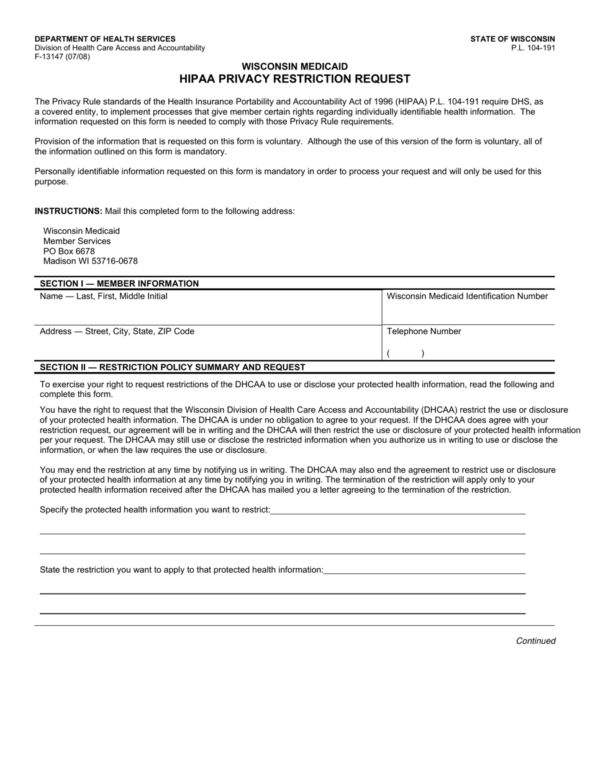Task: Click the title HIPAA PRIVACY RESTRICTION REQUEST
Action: (x=294, y=79)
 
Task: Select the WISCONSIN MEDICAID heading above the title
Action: (x=294, y=66)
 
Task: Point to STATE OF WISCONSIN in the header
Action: (x=512, y=38)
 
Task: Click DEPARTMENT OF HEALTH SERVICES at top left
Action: (x=105, y=38)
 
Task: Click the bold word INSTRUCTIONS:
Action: (x=68, y=211)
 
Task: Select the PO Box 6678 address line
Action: (x=69, y=251)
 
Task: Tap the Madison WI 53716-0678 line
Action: (x=90, y=261)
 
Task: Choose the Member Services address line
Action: (x=77, y=241)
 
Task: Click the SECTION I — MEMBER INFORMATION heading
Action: (x=119, y=283)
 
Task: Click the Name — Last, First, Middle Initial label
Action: (x=104, y=297)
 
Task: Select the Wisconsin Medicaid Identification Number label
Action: (x=467, y=297)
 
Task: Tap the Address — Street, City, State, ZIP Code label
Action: (x=117, y=331)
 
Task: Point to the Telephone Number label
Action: (x=424, y=331)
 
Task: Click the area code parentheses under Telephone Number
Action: (x=405, y=354)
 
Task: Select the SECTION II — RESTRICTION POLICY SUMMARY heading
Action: (x=173, y=367)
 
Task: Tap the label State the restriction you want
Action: (x=181, y=569)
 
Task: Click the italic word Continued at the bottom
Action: (x=535, y=641)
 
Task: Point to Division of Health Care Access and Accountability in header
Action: (x=120, y=48)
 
